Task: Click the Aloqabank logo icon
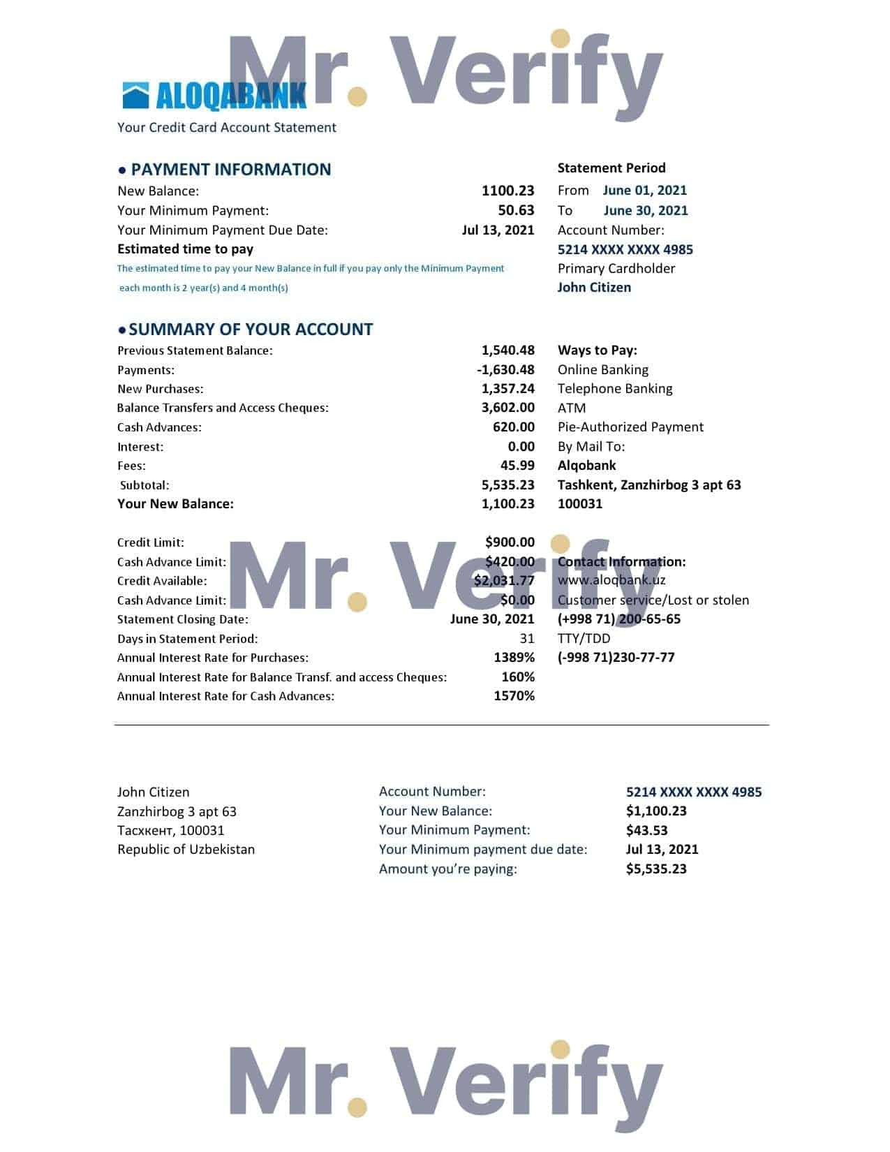135,96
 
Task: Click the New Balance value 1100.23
507,191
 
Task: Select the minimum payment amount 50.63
516,210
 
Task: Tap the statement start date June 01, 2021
644,190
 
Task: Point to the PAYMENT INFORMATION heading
230,170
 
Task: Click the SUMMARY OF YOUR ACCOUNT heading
251,330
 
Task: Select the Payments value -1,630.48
505,370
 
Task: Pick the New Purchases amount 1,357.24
507,389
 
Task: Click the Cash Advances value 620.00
513,427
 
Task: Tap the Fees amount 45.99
517,466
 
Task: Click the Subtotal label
144,485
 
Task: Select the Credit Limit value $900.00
510,542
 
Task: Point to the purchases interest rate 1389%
514,658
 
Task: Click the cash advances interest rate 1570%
514,696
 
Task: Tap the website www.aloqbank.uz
611,580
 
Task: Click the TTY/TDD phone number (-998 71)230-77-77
616,658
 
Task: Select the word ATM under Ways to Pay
572,408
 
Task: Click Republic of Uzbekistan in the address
186,850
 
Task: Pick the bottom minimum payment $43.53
646,831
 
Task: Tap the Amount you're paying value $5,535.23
656,869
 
